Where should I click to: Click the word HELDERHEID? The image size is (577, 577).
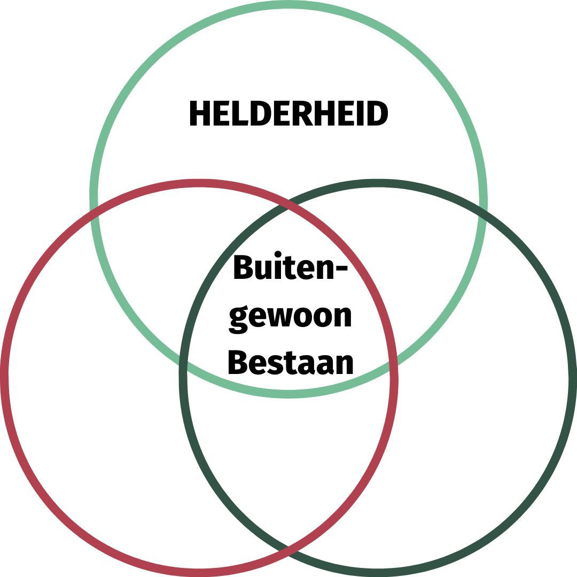click(x=288, y=114)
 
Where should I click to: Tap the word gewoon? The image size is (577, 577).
click(x=290, y=316)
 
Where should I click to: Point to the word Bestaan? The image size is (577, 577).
click(x=290, y=363)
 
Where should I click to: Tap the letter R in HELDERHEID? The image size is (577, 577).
click(x=304, y=114)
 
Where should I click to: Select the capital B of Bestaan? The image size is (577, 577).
click(x=238, y=363)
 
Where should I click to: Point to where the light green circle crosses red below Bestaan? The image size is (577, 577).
click(x=394, y=363)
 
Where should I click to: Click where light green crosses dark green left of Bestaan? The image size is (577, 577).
click(x=183, y=363)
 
